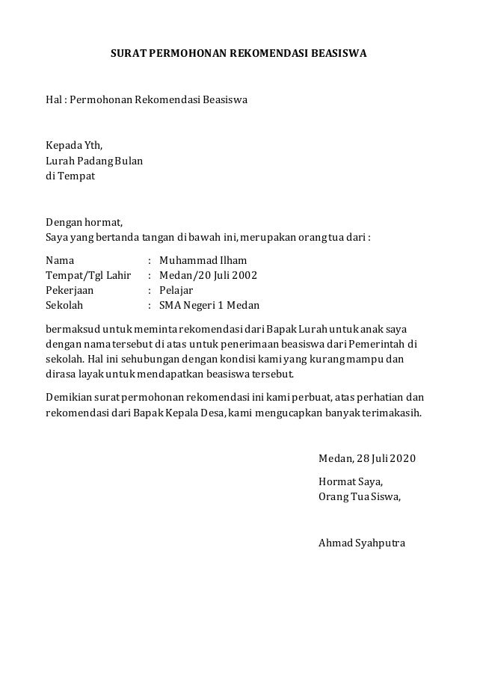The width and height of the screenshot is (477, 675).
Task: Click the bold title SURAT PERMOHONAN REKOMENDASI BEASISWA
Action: click(238, 55)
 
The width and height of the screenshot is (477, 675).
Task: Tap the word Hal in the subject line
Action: click(54, 99)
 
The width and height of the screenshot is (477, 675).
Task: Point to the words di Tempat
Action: click(70, 176)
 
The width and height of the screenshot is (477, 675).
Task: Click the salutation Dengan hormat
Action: click(84, 222)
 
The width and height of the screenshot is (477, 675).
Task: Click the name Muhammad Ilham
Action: click(203, 261)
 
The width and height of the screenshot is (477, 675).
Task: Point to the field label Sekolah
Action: click(65, 306)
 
